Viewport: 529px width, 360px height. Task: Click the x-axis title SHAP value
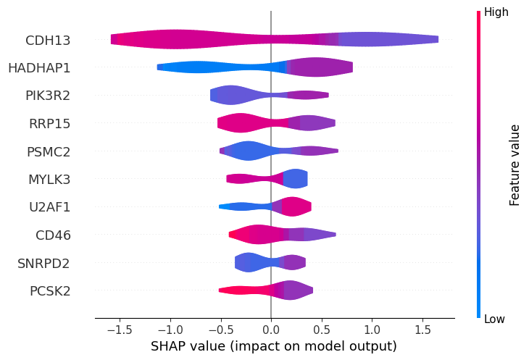point(274,346)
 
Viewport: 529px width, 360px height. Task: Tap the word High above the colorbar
point(496,12)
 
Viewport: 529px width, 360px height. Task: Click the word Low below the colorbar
point(496,319)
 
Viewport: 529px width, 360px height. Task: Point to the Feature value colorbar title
point(515,165)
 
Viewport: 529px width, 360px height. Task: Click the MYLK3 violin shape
point(268,179)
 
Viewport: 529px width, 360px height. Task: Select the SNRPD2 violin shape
point(270,263)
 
